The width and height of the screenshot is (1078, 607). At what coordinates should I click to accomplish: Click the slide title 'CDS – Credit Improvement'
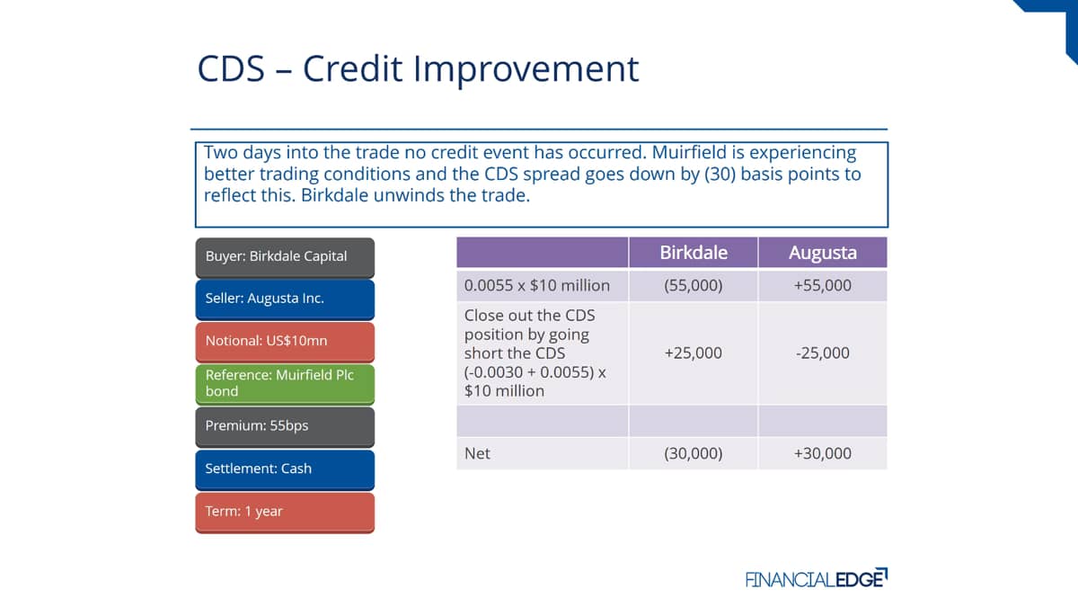click(418, 69)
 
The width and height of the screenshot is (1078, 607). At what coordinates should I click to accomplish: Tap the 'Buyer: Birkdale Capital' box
click(285, 258)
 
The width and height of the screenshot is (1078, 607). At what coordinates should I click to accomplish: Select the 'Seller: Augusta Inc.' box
click(285, 299)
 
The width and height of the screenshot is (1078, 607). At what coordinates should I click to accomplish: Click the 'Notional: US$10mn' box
click(285, 342)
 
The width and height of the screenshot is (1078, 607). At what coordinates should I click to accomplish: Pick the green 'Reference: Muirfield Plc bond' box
click(285, 384)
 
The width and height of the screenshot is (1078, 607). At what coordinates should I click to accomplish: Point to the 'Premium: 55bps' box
click(285, 427)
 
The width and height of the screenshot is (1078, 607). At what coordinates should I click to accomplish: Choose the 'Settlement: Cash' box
click(285, 469)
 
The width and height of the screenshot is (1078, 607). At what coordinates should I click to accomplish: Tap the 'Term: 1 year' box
click(285, 512)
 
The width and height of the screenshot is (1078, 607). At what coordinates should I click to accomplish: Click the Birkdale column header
click(693, 253)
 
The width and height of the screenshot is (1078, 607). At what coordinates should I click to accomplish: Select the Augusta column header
click(823, 253)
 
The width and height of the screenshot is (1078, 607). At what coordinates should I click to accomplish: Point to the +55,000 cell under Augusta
click(823, 285)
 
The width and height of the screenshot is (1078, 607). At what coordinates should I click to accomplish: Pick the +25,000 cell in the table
click(693, 353)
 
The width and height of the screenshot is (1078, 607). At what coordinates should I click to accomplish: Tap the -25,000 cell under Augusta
click(823, 353)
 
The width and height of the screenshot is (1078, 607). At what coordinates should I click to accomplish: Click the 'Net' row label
click(477, 453)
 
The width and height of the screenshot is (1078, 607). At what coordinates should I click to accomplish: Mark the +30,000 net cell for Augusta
click(823, 453)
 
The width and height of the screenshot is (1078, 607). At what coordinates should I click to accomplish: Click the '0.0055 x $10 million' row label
click(536, 285)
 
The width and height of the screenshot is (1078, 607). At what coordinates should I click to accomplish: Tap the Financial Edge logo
click(817, 578)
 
